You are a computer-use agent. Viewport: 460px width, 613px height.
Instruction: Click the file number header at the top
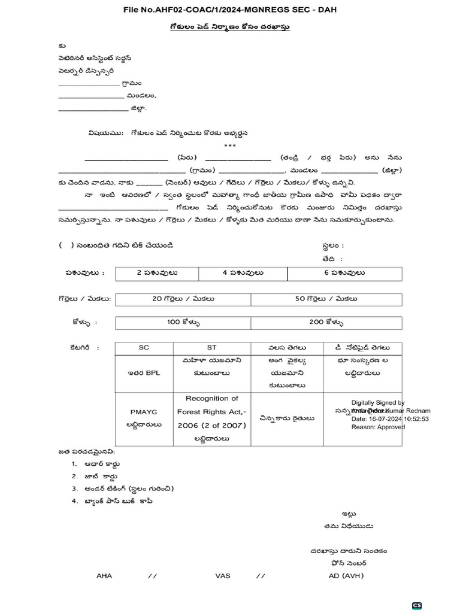click(x=230, y=10)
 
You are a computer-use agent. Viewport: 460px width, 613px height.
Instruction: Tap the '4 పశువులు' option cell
click(x=243, y=273)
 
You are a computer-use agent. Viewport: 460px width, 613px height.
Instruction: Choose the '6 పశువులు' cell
click(x=344, y=273)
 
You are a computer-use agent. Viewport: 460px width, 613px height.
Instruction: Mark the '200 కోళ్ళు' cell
click(x=326, y=322)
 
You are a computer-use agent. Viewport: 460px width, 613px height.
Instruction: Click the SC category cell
click(x=144, y=347)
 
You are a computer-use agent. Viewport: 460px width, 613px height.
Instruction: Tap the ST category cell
click(x=211, y=347)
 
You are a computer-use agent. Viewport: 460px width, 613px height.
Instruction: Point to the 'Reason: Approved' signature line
click(x=377, y=427)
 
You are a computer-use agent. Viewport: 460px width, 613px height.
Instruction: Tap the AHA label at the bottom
click(x=104, y=576)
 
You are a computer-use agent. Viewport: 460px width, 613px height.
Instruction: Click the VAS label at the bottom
click(x=223, y=576)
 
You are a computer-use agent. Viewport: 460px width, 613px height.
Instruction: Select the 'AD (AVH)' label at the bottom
click(x=346, y=576)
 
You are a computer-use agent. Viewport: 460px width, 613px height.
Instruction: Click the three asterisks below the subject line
click(x=230, y=145)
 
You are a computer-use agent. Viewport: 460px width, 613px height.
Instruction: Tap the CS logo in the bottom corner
click(x=417, y=606)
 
